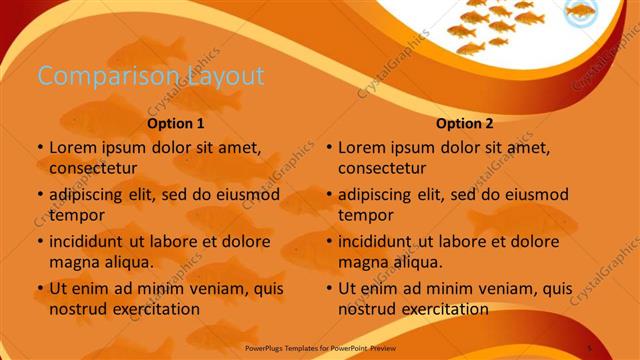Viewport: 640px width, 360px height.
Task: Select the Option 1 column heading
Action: (x=176, y=125)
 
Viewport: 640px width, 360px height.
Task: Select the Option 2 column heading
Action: (x=464, y=125)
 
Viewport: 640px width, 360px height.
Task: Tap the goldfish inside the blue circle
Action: (x=581, y=12)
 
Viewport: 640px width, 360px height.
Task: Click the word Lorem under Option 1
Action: (x=75, y=147)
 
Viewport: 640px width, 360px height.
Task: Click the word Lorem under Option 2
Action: (x=364, y=147)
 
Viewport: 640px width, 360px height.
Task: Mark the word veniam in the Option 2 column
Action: (x=489, y=289)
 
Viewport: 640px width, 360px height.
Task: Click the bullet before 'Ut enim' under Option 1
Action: (x=39, y=289)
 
